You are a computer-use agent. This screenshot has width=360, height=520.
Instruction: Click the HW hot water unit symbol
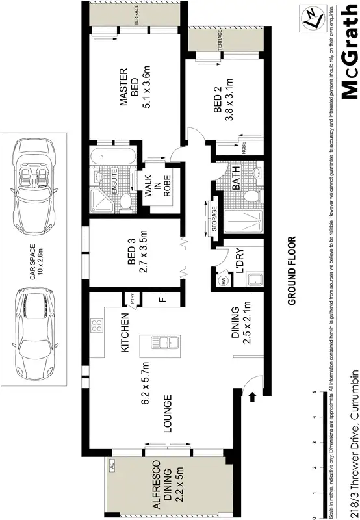(222, 281)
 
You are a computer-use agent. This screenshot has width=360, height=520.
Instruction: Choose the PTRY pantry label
(133, 301)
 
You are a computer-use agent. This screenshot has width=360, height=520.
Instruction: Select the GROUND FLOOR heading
(292, 270)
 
